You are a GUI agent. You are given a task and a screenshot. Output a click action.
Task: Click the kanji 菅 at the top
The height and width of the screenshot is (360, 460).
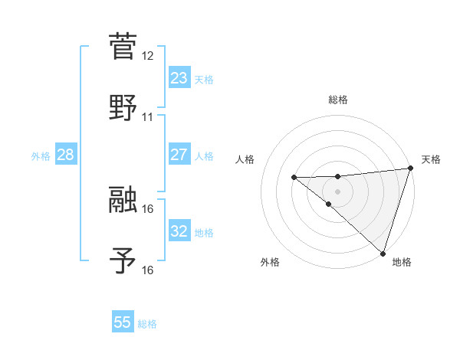coord(123,46)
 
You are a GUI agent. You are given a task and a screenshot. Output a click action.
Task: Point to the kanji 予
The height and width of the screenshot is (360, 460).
coord(123,260)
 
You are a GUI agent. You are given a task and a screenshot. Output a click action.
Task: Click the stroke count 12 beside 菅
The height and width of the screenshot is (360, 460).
coord(148,56)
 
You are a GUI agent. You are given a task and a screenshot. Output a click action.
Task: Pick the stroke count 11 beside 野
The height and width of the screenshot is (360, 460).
coord(148,117)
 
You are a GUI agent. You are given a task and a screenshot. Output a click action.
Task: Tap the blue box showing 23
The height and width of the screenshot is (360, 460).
coord(179,78)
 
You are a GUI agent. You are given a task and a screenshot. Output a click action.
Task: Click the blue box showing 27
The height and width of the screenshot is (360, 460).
coord(179,155)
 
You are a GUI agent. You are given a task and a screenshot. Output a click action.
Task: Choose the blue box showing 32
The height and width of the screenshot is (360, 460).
coord(179,231)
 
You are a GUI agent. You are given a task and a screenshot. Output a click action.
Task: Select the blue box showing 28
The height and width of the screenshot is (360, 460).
coord(65,155)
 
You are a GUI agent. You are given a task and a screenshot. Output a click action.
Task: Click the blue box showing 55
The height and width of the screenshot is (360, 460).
coord(123,322)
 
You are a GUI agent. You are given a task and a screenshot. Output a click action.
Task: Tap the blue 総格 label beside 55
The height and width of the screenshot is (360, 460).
coord(147,324)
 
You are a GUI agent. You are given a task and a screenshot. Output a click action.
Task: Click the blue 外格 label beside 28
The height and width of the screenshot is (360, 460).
coord(41,156)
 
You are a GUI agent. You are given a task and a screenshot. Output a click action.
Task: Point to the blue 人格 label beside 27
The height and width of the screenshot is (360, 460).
coord(204,156)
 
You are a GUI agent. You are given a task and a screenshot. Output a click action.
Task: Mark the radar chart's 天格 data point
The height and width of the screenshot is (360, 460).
coord(410,169)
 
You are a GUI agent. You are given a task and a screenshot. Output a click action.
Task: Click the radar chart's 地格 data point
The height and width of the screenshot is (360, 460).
coord(382,253)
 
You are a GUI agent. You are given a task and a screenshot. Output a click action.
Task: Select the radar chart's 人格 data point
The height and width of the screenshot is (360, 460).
coord(294,177)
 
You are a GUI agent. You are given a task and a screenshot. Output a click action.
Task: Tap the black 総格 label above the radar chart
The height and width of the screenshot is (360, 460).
coord(338,100)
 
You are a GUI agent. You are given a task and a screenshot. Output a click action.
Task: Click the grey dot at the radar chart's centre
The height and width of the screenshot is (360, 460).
coord(337,191)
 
